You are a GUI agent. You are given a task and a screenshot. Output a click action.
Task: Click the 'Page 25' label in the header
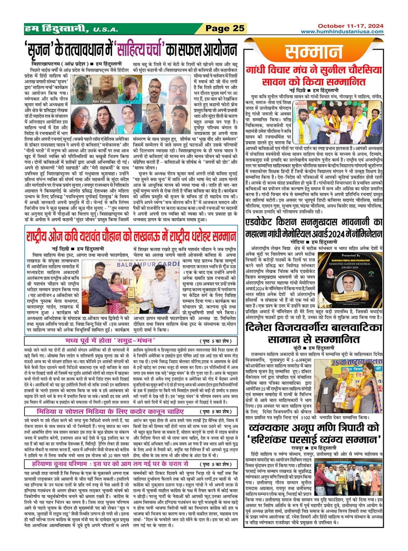[225, 29]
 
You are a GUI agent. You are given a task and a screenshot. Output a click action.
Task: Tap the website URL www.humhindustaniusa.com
[342, 32]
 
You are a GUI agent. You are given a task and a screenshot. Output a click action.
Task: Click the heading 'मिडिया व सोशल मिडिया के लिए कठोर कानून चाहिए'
[110, 412]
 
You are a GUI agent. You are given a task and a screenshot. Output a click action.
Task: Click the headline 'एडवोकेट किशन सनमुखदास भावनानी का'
[313, 222]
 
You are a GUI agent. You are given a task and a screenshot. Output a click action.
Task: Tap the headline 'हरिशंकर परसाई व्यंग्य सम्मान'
[313, 439]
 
